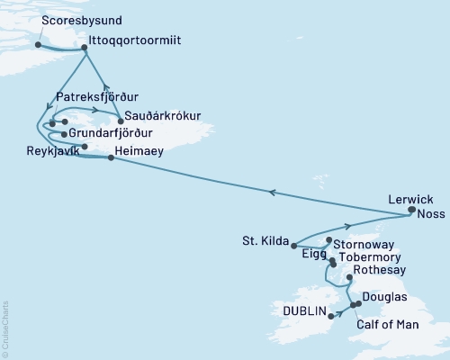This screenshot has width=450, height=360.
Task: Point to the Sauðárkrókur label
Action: click(x=161, y=114)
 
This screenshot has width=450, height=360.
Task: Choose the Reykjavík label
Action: click(x=53, y=152)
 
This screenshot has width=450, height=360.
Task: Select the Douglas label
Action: click(x=383, y=297)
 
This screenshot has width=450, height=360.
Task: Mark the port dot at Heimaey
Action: click(x=111, y=158)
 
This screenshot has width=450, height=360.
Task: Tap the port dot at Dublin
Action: click(x=331, y=316)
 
